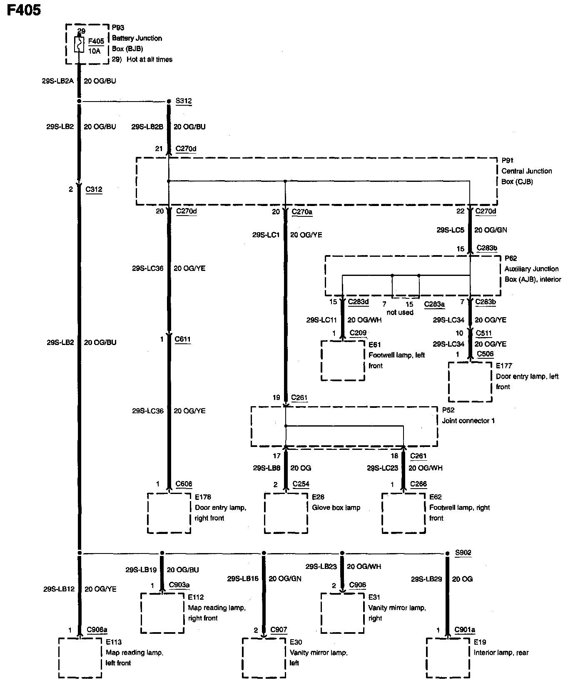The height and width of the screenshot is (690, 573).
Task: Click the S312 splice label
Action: click(x=183, y=101)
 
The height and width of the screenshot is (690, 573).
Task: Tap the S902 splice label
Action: click(x=463, y=553)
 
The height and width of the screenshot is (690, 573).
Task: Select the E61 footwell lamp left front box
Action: click(x=343, y=360)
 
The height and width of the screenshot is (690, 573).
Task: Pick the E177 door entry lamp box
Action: click(x=470, y=382)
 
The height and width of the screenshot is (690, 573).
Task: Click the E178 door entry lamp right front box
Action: click(x=169, y=513)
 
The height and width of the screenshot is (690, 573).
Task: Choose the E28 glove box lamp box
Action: click(x=286, y=513)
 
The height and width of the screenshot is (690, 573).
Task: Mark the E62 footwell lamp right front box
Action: click(x=404, y=513)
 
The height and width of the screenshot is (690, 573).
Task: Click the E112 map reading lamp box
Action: click(x=162, y=613)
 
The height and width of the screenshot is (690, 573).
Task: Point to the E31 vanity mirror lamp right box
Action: click(x=343, y=613)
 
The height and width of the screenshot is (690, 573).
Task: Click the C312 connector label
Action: click(x=94, y=189)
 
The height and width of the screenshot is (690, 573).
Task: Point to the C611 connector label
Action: click(x=183, y=339)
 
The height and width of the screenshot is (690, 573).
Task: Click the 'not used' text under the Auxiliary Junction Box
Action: click(x=400, y=312)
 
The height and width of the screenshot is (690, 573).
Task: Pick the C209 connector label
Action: click(x=358, y=333)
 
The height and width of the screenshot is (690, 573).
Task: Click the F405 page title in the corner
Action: click(x=24, y=10)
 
